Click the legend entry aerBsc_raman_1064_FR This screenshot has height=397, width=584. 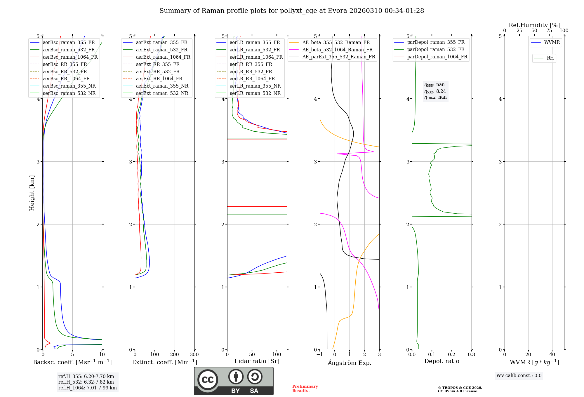pyautogui.click(x=70, y=57)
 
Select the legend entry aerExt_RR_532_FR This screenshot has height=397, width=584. pyautogui.click(x=158, y=72)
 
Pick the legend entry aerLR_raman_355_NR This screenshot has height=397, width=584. pyautogui.click(x=255, y=86)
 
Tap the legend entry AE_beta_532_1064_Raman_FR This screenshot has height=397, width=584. pyautogui.click(x=337, y=50)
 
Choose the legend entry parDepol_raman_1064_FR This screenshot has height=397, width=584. pyautogui.click(x=437, y=57)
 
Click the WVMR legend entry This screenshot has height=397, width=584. pyautogui.click(x=552, y=42)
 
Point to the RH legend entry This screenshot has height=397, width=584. pyautogui.click(x=550, y=58)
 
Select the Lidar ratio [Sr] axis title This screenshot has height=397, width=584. pyautogui.click(x=257, y=361)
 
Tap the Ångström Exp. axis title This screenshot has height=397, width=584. pyautogui.click(x=350, y=363)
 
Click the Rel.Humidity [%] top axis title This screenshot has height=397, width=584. pyautogui.click(x=534, y=25)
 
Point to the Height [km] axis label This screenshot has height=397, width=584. pyautogui.click(x=32, y=193)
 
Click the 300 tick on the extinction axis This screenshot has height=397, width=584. pyautogui.click(x=194, y=355)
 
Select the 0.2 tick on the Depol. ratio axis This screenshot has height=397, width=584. pyautogui.click(x=452, y=355)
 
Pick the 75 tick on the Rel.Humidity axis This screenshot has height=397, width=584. pyautogui.click(x=549, y=30)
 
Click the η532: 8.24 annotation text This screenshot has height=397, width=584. pyautogui.click(x=435, y=91)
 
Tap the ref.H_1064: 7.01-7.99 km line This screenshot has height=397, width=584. pyautogui.click(x=87, y=388)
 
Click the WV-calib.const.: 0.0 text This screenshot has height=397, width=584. pyautogui.click(x=519, y=376)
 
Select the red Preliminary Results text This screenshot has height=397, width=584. pyautogui.click(x=305, y=389)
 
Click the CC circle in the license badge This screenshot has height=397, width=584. pyautogui.click(x=208, y=379)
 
